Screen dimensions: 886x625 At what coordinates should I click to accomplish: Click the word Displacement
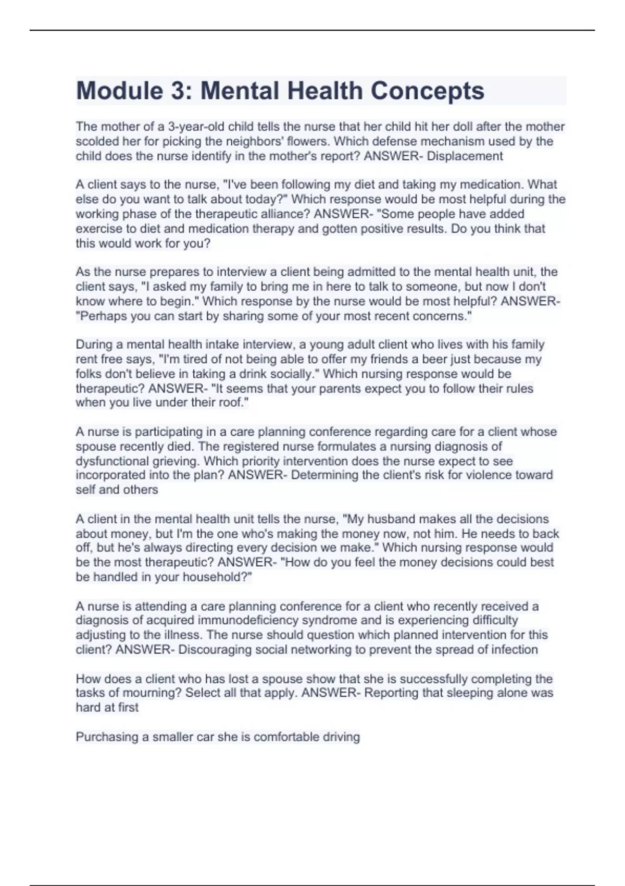pyautogui.click(x=465, y=156)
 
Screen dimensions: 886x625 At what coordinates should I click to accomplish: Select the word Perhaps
pyautogui.click(x=101, y=316)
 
